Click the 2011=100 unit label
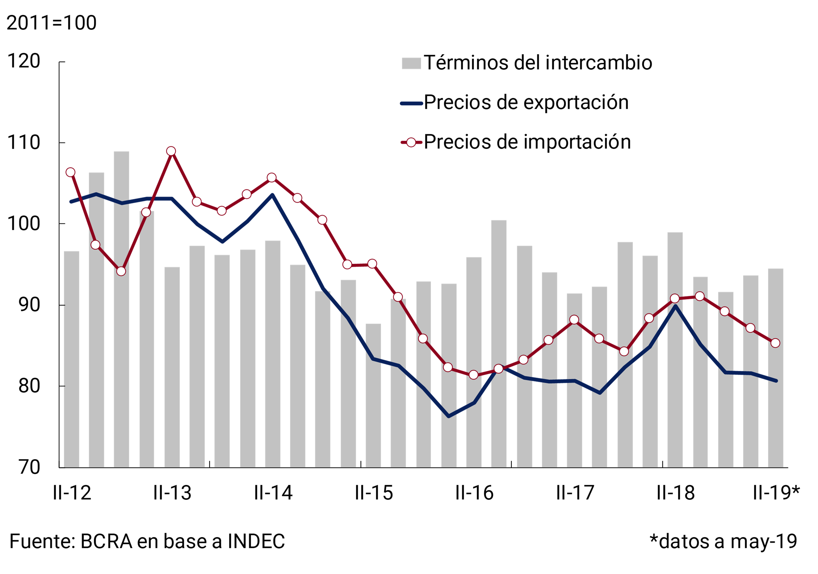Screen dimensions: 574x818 pyautogui.click(x=52, y=23)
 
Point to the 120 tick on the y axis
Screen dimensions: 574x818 pyautogui.click(x=24, y=61)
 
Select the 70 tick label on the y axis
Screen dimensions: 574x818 pyautogui.click(x=29, y=467)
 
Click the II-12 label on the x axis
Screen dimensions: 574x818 pyautogui.click(x=72, y=493)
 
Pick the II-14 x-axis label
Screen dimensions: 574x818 pyautogui.click(x=273, y=493)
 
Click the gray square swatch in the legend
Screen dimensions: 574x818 pyautogui.click(x=411, y=63)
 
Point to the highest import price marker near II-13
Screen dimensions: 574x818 pyautogui.click(x=171, y=151)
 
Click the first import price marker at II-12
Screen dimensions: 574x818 pyautogui.click(x=71, y=172)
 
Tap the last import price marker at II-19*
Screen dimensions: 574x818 pyautogui.click(x=775, y=343)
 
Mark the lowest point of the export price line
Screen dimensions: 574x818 pyautogui.click(x=448, y=416)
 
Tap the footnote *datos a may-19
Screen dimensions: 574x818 pyautogui.click(x=723, y=541)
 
